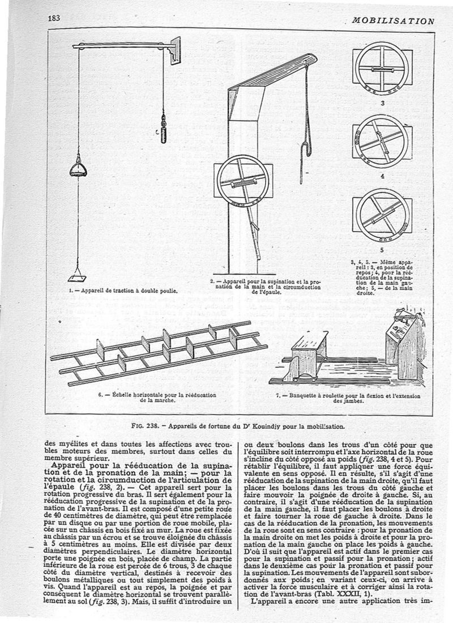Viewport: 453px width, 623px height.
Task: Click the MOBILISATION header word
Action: (x=392, y=21)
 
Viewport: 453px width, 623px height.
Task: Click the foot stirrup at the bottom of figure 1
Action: (x=76, y=278)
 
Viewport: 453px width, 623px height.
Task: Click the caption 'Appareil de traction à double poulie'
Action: (x=119, y=291)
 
